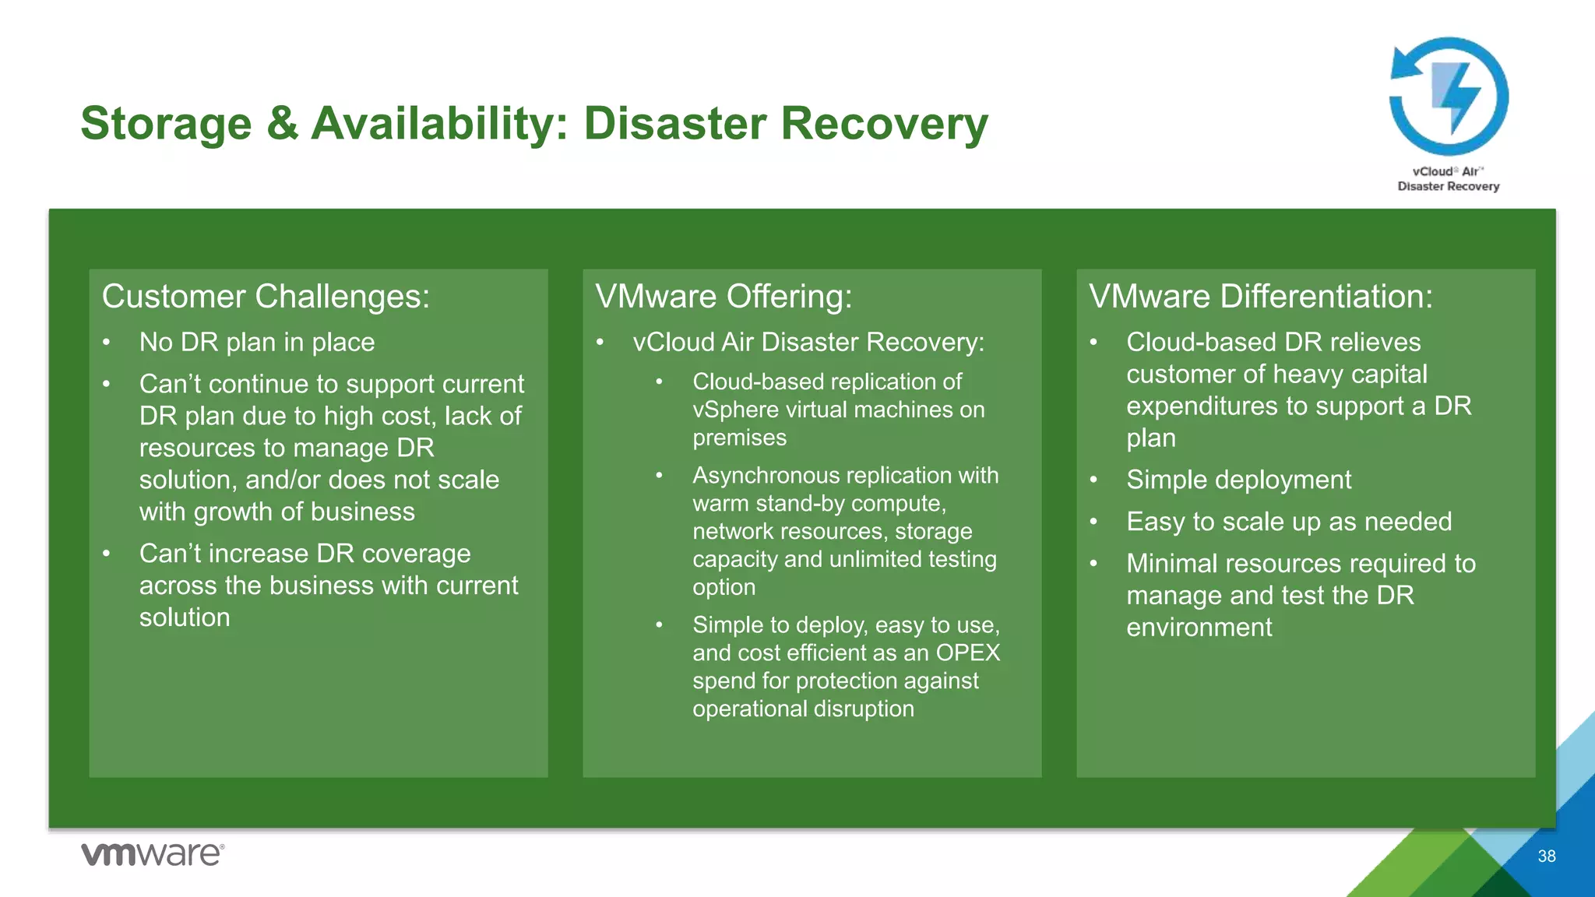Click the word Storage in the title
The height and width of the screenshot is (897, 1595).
pyautogui.click(x=166, y=124)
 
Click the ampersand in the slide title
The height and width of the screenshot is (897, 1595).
pyautogui.click(x=281, y=124)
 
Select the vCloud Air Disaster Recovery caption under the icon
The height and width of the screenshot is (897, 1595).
pyautogui.click(x=1448, y=179)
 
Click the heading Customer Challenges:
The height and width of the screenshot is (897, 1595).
pyautogui.click(x=266, y=297)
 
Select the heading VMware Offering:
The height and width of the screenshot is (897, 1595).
pyautogui.click(x=724, y=297)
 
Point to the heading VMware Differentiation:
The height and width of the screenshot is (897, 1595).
pyautogui.click(x=1260, y=297)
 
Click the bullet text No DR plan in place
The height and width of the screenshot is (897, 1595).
pyautogui.click(x=257, y=343)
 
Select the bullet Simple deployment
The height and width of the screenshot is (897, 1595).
pyautogui.click(x=1238, y=480)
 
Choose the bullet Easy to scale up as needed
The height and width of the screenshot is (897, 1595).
pyautogui.click(x=1289, y=522)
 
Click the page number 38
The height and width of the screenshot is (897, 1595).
pyautogui.click(x=1546, y=857)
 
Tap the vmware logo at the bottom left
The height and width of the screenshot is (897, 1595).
pyautogui.click(x=153, y=854)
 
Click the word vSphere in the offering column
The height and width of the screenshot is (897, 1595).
pyautogui.click(x=735, y=410)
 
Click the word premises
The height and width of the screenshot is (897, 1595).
pyautogui.click(x=739, y=438)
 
